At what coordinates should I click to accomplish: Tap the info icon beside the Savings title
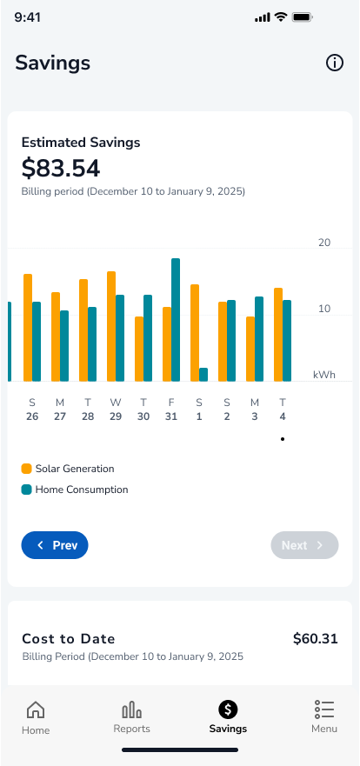(x=335, y=63)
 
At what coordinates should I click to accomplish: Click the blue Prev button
(x=55, y=545)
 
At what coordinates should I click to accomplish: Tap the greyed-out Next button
(x=305, y=545)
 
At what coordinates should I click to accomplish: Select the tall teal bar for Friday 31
(x=176, y=320)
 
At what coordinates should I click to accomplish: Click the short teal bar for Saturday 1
(x=203, y=375)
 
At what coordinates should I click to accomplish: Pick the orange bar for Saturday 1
(x=195, y=333)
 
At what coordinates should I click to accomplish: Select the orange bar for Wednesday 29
(x=111, y=326)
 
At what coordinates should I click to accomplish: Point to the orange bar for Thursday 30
(x=139, y=350)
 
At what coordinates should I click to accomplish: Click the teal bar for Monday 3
(x=259, y=339)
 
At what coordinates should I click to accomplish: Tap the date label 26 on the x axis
(x=32, y=416)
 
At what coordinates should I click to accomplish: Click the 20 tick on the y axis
(x=324, y=243)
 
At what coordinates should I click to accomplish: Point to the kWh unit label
(x=324, y=375)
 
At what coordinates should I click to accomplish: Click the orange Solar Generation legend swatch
(x=26, y=469)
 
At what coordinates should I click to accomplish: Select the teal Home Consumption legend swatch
(x=26, y=490)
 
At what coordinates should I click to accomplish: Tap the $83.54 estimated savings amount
(x=61, y=169)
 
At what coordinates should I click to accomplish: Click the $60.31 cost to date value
(x=316, y=638)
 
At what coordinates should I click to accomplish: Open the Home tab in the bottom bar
(x=36, y=717)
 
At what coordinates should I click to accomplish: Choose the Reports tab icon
(x=132, y=709)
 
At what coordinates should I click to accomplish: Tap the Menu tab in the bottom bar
(x=324, y=717)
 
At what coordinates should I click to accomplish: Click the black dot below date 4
(x=283, y=439)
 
